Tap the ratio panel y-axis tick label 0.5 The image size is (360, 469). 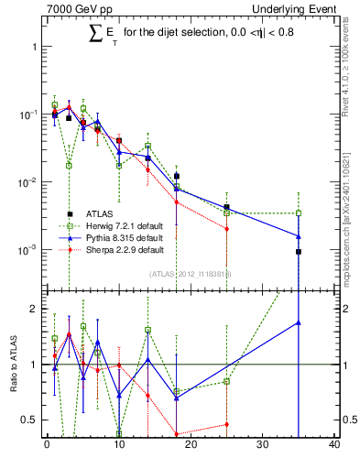coord(29,420)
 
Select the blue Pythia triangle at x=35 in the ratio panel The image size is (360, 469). coord(299,322)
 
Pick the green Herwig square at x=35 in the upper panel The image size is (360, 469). coord(299,213)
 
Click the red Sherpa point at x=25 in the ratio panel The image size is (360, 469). coord(226,424)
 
